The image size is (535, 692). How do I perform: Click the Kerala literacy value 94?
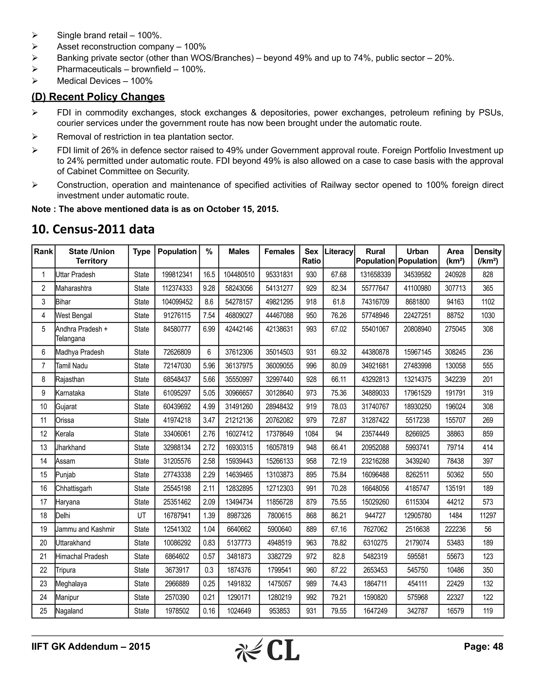pyautogui.click(x=339, y=434)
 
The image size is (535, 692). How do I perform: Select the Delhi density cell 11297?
pyautogui.click(x=487, y=515)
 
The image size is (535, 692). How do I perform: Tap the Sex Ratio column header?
pyautogui.click(x=311, y=256)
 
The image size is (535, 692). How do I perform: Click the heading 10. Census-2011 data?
pyautogui.click(x=93, y=229)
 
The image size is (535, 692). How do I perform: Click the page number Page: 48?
pyautogui.click(x=483, y=646)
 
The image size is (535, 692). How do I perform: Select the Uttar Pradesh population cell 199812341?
pyautogui.click(x=177, y=275)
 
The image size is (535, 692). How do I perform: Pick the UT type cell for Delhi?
pyautogui.click(x=141, y=515)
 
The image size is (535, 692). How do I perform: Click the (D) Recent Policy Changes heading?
pyautogui.click(x=98, y=97)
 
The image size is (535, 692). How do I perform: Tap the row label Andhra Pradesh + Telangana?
pyautogui.click(x=82, y=334)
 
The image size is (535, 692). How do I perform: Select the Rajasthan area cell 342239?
pyautogui.click(x=455, y=379)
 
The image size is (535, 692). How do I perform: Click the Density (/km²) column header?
pyautogui.click(x=487, y=256)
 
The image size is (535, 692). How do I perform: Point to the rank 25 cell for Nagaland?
pyautogui.click(x=43, y=611)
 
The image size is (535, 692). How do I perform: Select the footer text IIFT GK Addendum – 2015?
pyautogui.click(x=91, y=646)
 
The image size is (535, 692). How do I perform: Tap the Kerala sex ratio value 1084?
pyautogui.click(x=311, y=434)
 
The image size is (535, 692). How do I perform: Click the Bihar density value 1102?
pyautogui.click(x=487, y=302)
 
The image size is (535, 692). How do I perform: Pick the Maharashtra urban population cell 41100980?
pyautogui.click(x=417, y=288)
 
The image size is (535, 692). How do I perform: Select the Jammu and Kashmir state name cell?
pyautogui.click(x=85, y=529)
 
